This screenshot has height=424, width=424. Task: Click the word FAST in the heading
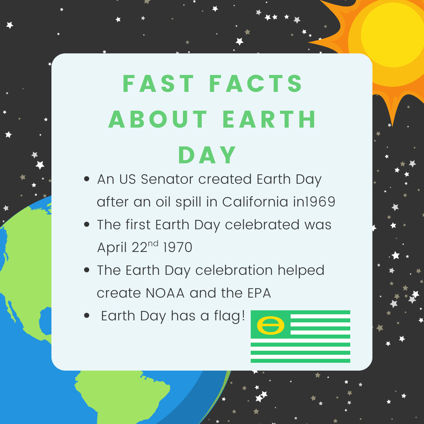pyautogui.click(x=158, y=84)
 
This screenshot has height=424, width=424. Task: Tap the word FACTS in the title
pyautogui.click(x=256, y=84)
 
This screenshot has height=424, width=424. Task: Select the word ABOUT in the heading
pyautogui.click(x=158, y=119)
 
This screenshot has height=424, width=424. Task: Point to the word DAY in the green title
pyautogui.click(x=207, y=155)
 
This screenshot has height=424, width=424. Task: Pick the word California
pyautogui.click(x=255, y=202)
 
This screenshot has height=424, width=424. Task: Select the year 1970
pyautogui.click(x=178, y=247)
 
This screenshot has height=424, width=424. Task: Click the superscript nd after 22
pyautogui.click(x=153, y=244)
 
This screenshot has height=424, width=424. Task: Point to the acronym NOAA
pyautogui.click(x=165, y=293)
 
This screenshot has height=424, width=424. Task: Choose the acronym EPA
pyautogui.click(x=259, y=293)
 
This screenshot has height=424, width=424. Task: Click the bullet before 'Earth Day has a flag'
pyautogui.click(x=86, y=316)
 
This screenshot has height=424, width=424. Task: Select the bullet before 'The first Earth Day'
pyautogui.click(x=86, y=224)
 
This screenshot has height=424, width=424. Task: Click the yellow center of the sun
pyautogui.click(x=393, y=35)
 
